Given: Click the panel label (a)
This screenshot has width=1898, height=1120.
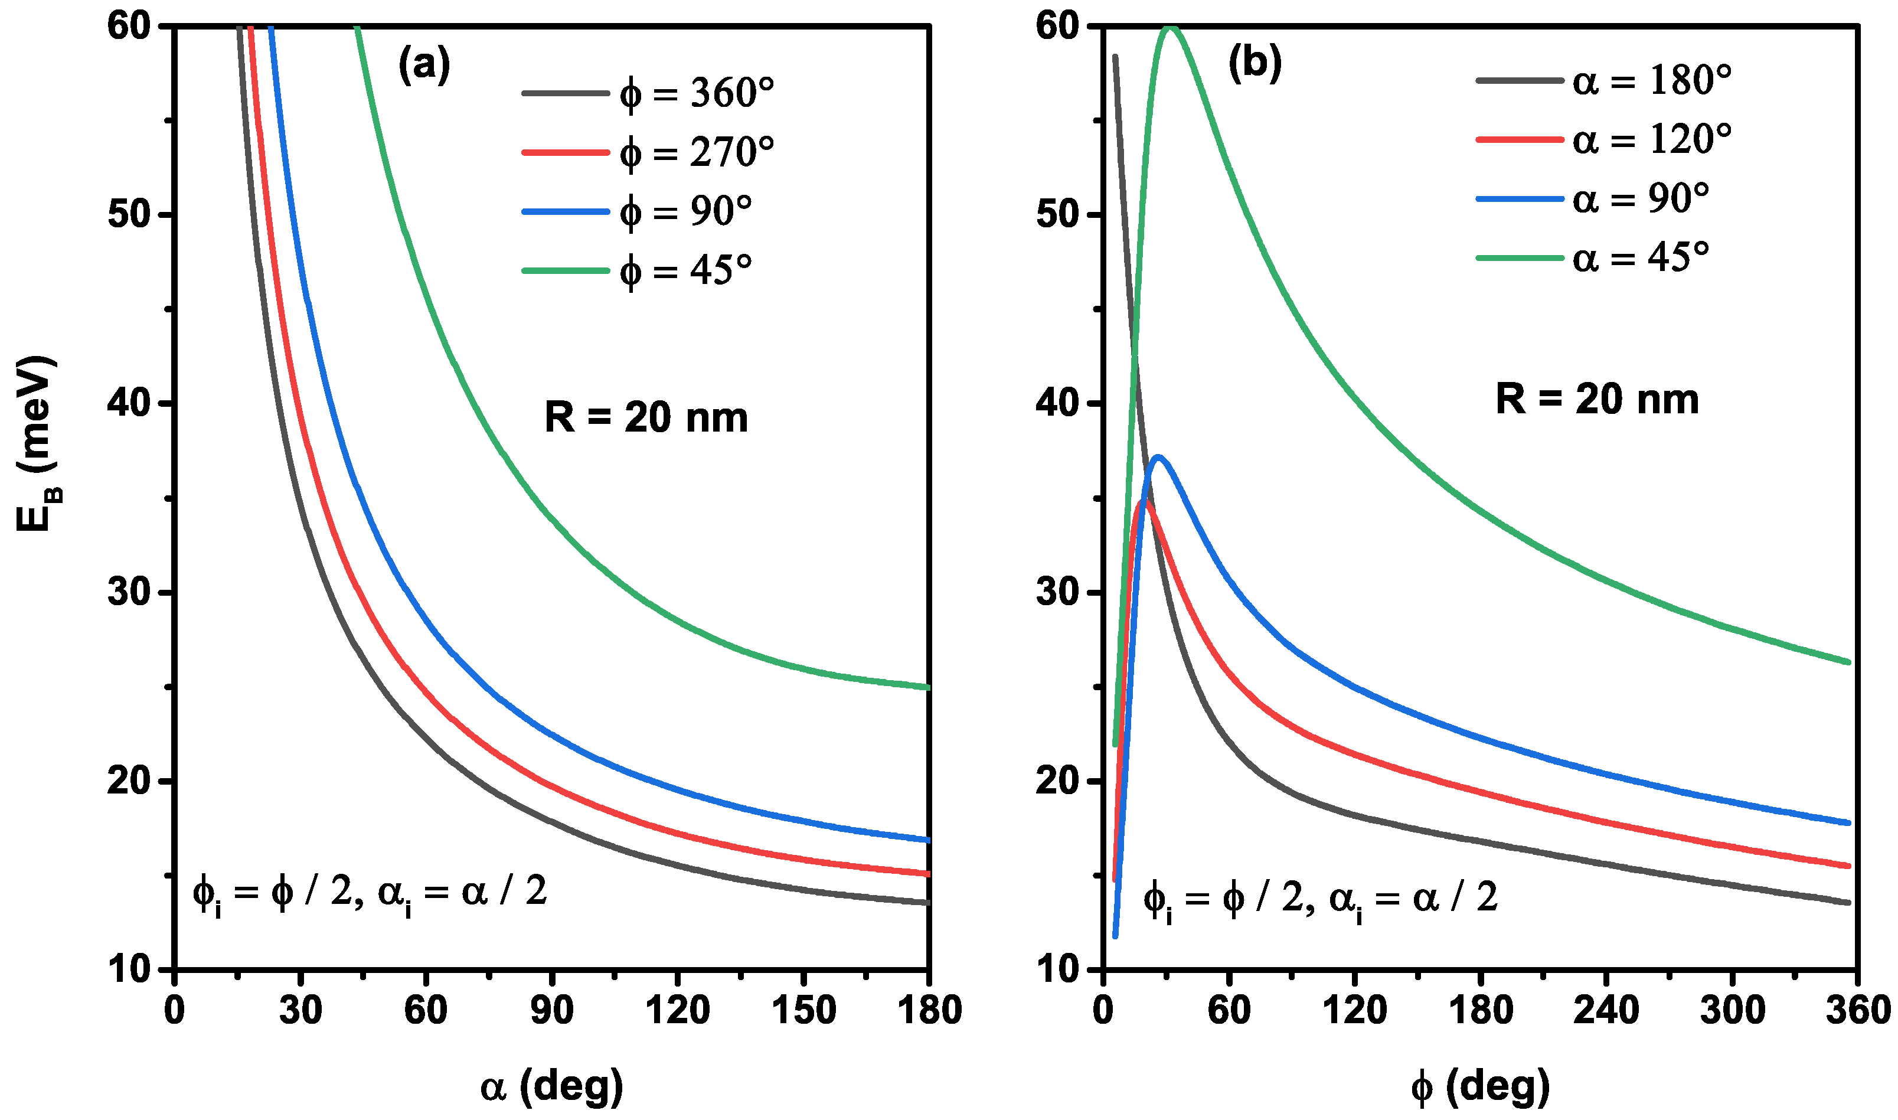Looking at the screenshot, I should (424, 65).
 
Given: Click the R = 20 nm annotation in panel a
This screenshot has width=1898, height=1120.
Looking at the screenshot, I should (646, 417).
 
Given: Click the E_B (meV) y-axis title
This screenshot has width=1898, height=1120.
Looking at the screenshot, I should (36, 444).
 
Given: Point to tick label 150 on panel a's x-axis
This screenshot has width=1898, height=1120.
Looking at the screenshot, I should (803, 1010).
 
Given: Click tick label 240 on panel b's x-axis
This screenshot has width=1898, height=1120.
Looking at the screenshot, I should (1605, 1010).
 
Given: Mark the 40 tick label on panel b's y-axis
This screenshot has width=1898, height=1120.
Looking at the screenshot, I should (1058, 403).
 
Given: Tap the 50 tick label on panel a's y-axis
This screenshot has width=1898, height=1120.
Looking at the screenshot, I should (129, 214).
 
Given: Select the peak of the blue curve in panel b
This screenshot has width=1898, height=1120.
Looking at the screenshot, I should (1158, 456).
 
